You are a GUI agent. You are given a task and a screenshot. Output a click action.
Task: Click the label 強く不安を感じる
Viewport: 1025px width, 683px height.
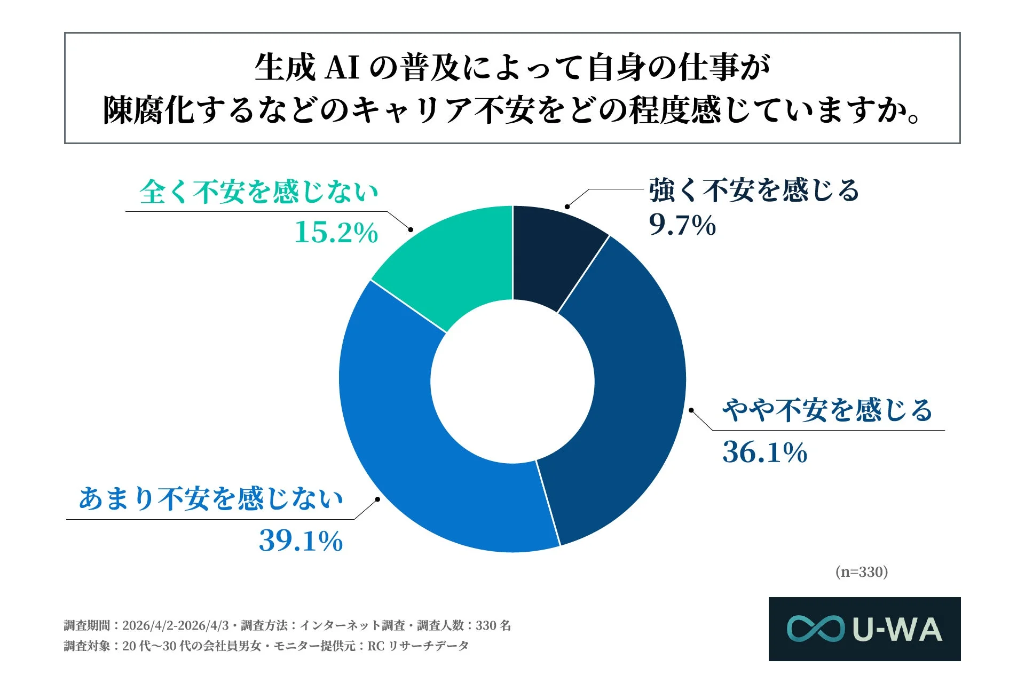[754, 190]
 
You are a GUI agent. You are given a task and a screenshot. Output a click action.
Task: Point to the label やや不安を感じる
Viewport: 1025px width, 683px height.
[827, 410]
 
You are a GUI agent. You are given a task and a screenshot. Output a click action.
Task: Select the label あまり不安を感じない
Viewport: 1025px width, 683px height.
[210, 499]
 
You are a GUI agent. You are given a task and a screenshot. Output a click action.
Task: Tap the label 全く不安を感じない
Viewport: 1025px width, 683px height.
[258, 192]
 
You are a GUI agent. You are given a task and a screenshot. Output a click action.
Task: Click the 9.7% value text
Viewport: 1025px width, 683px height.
[682, 225]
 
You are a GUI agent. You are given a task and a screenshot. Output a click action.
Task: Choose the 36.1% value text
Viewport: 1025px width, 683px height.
[764, 452]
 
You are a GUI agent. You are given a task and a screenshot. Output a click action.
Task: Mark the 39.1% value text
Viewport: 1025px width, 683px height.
[301, 541]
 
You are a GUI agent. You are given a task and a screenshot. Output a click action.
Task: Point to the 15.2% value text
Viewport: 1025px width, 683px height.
[336, 233]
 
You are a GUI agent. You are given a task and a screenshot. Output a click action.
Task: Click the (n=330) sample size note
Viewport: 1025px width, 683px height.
[862, 572]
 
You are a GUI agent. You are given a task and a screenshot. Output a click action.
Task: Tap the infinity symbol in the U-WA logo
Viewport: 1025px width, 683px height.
[815, 629]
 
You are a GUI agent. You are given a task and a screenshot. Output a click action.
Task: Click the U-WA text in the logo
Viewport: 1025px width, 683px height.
[897, 630]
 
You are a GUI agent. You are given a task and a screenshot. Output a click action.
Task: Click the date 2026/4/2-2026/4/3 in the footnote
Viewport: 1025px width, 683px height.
[175, 625]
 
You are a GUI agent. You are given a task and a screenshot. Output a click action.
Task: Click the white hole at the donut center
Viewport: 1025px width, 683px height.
[512, 381]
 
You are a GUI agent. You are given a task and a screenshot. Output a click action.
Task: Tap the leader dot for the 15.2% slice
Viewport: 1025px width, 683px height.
[411, 229]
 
